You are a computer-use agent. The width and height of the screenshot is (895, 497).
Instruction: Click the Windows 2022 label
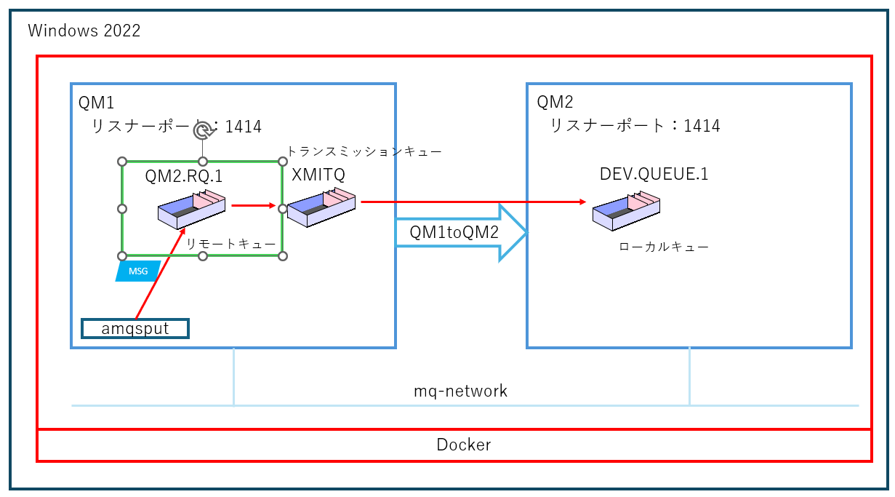pyautogui.click(x=84, y=31)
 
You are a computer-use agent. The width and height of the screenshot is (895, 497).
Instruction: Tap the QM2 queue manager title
pyautogui.click(x=555, y=103)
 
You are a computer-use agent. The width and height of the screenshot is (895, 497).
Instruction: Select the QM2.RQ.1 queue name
pyautogui.click(x=183, y=175)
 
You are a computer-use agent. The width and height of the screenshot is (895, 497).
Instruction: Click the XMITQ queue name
pyautogui.click(x=318, y=175)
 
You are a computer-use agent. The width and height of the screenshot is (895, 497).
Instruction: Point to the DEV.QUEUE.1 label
pyautogui.click(x=654, y=175)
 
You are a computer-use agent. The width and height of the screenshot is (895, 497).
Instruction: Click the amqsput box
pyautogui.click(x=135, y=329)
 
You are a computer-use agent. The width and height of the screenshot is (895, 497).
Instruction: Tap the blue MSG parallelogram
pyautogui.click(x=138, y=271)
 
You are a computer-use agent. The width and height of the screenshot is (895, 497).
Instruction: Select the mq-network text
pyautogui.click(x=460, y=391)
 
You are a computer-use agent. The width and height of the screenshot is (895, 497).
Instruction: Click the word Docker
pyautogui.click(x=463, y=445)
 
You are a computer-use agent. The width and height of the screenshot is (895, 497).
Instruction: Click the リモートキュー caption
pyautogui.click(x=231, y=244)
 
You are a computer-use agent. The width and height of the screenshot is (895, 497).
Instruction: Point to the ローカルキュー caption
pyautogui.click(x=663, y=247)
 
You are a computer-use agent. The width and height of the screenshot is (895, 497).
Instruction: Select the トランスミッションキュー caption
pyautogui.click(x=364, y=151)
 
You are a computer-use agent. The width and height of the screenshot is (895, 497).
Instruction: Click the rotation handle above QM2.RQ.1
pyautogui.click(x=203, y=130)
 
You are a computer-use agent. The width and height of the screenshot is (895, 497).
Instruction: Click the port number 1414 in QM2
pyautogui.click(x=702, y=126)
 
